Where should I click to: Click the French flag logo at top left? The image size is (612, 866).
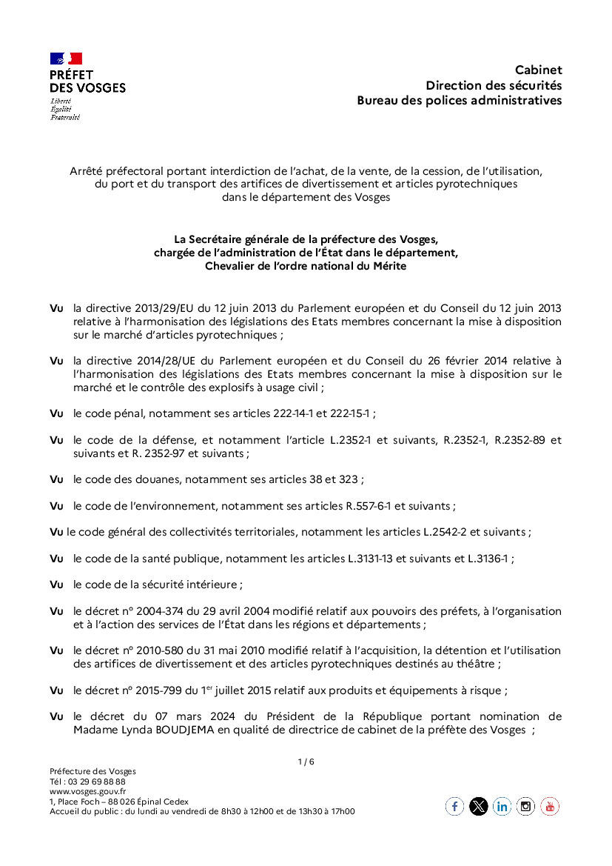click(x=66, y=59)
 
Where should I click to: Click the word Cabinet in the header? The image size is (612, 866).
click(x=538, y=70)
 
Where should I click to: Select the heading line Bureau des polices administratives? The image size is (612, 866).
click(x=459, y=100)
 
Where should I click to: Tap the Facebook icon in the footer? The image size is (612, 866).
click(x=454, y=806)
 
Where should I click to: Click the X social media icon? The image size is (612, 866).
click(x=479, y=806)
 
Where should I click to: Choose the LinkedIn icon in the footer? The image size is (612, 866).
click(x=502, y=806)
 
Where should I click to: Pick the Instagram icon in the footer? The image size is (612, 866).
click(x=526, y=806)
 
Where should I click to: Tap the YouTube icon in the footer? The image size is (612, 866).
click(x=550, y=806)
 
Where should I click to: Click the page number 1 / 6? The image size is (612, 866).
click(x=306, y=762)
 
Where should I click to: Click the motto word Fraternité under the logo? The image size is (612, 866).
click(x=65, y=117)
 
